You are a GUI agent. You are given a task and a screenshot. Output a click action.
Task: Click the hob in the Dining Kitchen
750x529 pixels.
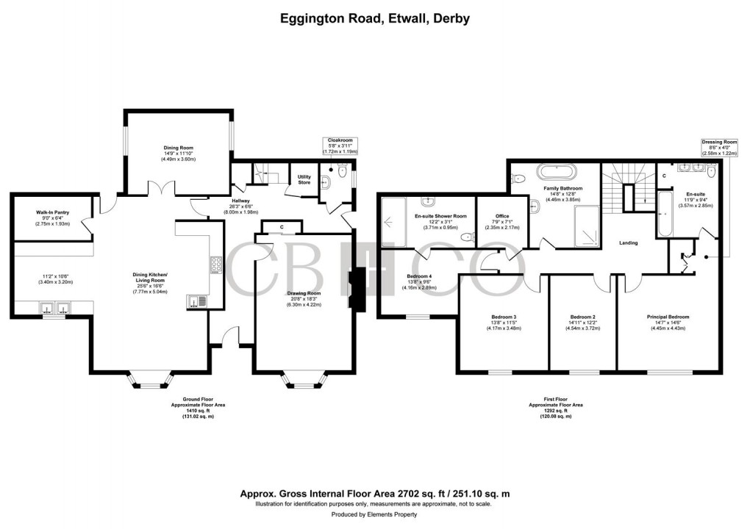click(x=216, y=264)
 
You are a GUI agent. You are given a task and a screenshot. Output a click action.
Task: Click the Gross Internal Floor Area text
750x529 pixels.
click(x=375, y=494)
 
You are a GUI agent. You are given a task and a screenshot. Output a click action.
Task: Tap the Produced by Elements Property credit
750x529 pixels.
click(x=375, y=515)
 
